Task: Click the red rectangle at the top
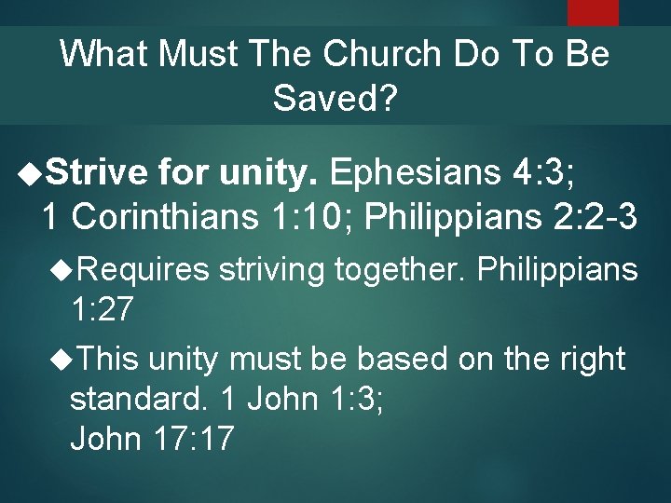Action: [x=593, y=11]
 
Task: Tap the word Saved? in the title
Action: [x=335, y=96]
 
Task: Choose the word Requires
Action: [x=154, y=270]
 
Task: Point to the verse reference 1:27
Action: [x=101, y=309]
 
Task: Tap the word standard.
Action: [x=137, y=401]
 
